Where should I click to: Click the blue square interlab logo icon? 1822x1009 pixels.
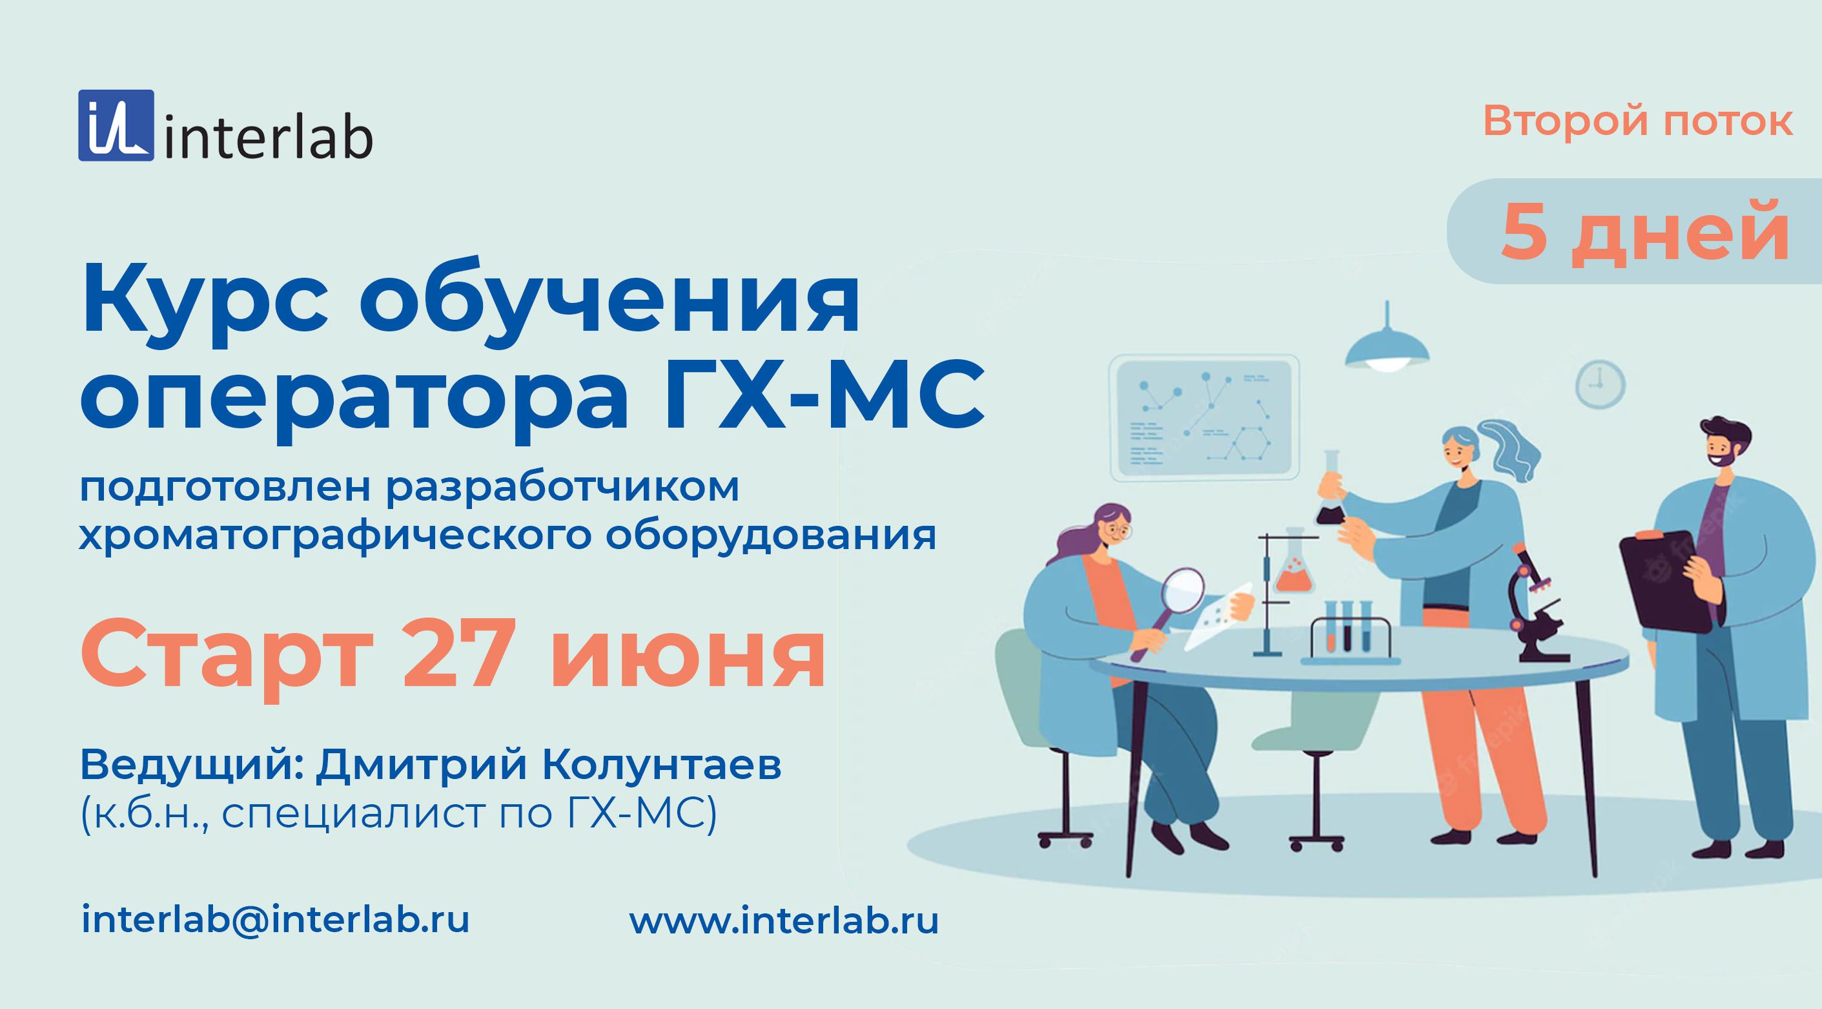(x=116, y=125)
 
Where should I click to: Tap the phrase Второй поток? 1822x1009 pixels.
(x=1637, y=121)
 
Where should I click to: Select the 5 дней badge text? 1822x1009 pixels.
(x=1645, y=232)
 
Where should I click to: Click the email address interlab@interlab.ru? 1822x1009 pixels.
(x=275, y=920)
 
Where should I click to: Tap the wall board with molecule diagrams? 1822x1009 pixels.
(x=1204, y=417)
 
